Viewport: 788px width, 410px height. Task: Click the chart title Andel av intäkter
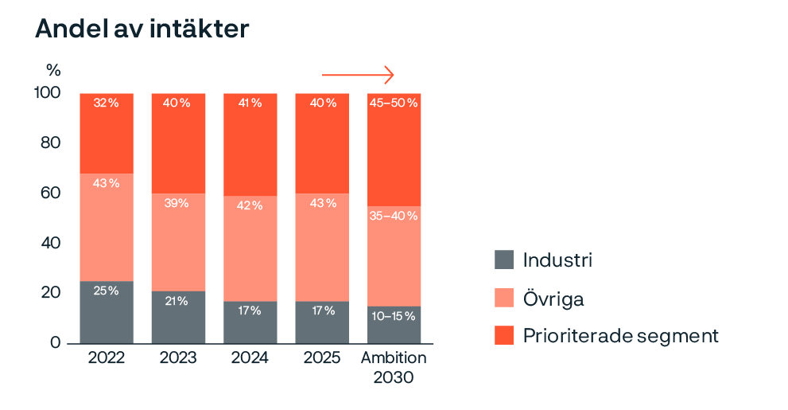point(143,29)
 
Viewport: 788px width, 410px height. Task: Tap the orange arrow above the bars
point(358,75)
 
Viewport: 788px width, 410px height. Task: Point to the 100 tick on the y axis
point(47,93)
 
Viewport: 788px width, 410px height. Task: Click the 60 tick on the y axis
point(49,193)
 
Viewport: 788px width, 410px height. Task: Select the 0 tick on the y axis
point(54,343)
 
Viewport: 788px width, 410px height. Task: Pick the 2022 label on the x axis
point(107,358)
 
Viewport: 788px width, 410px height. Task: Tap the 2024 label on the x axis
point(250,358)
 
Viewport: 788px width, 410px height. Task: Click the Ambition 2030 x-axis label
point(394,367)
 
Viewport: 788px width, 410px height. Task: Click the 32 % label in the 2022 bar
point(107,103)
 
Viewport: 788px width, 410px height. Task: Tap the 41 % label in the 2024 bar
point(250,103)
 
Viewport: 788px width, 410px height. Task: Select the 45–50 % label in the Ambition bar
point(394,103)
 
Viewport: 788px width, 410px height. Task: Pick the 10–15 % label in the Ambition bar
point(394,316)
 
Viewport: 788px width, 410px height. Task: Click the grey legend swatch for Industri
point(504,260)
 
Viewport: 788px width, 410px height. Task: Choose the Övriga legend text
point(553,299)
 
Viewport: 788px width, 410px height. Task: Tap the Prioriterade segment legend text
point(620,336)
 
